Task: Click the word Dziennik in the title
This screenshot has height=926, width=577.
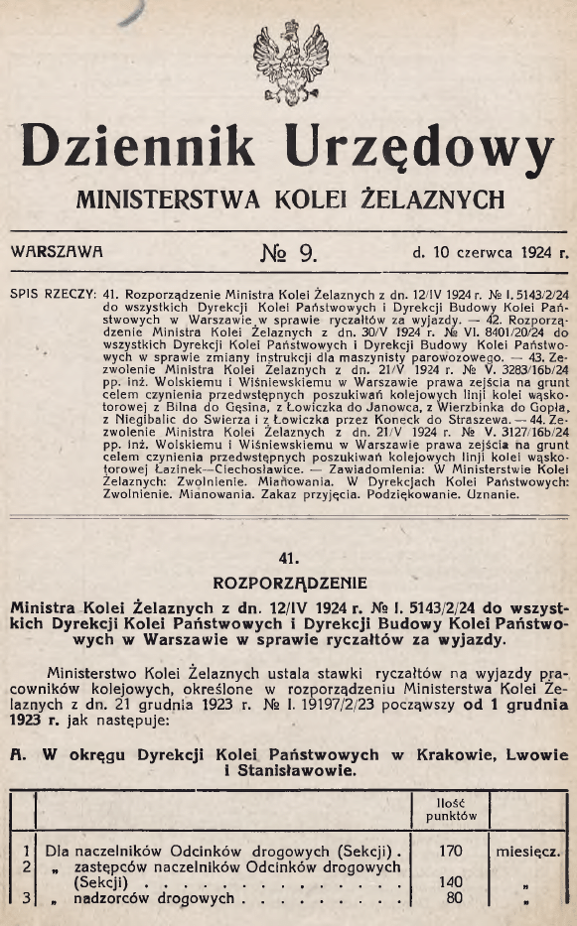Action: pyautogui.click(x=146, y=149)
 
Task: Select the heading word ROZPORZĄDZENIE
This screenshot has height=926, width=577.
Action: pyautogui.click(x=288, y=582)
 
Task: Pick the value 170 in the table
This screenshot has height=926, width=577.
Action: pyautogui.click(x=451, y=851)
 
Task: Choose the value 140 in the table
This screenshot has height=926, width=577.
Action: pyautogui.click(x=451, y=880)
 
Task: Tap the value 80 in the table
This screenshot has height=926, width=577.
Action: pyautogui.click(x=453, y=898)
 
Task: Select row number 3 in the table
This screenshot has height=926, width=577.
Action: pyautogui.click(x=22, y=898)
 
